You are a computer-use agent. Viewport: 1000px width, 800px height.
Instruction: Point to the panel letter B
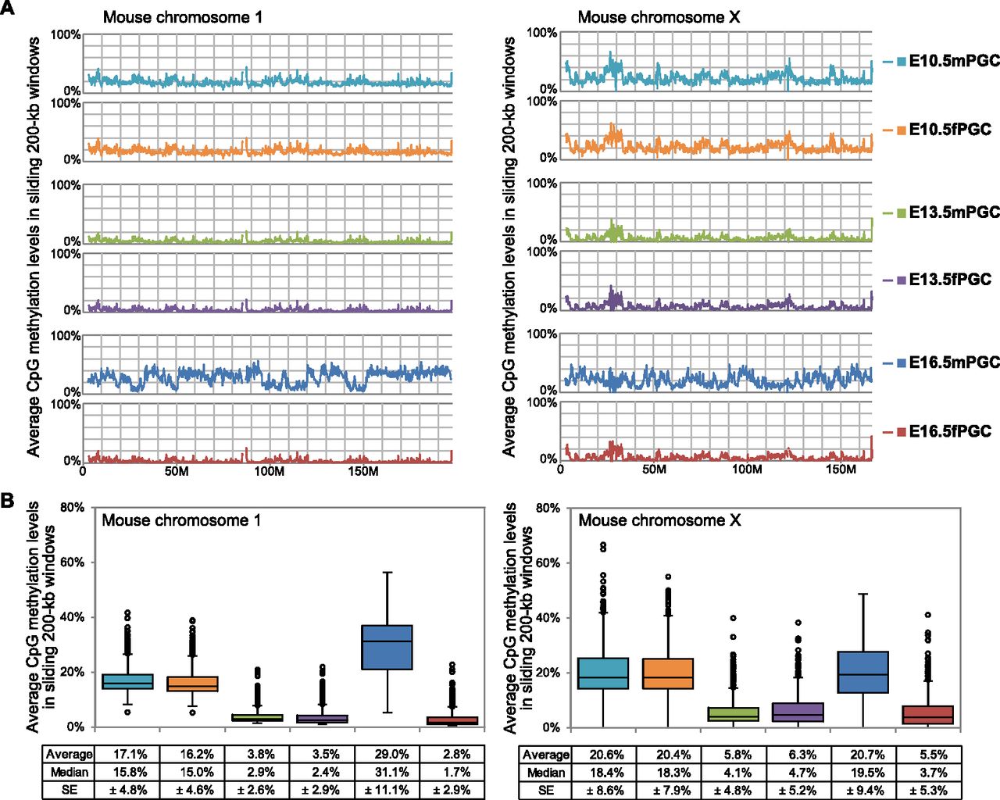tap(7, 501)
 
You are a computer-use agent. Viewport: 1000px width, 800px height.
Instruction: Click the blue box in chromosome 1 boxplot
tap(387, 647)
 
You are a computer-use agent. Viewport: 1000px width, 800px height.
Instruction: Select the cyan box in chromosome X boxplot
tap(603, 673)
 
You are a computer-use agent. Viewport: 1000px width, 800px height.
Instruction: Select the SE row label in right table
tap(545, 790)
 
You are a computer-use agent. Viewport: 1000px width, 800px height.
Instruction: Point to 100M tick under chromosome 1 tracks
tap(269, 472)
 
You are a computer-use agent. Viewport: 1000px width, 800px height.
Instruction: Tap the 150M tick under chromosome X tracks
tap(841, 470)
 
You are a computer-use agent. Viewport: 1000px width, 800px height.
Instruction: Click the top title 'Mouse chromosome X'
tap(658, 17)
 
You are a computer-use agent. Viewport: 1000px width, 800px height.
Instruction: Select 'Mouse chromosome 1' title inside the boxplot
tap(181, 520)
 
